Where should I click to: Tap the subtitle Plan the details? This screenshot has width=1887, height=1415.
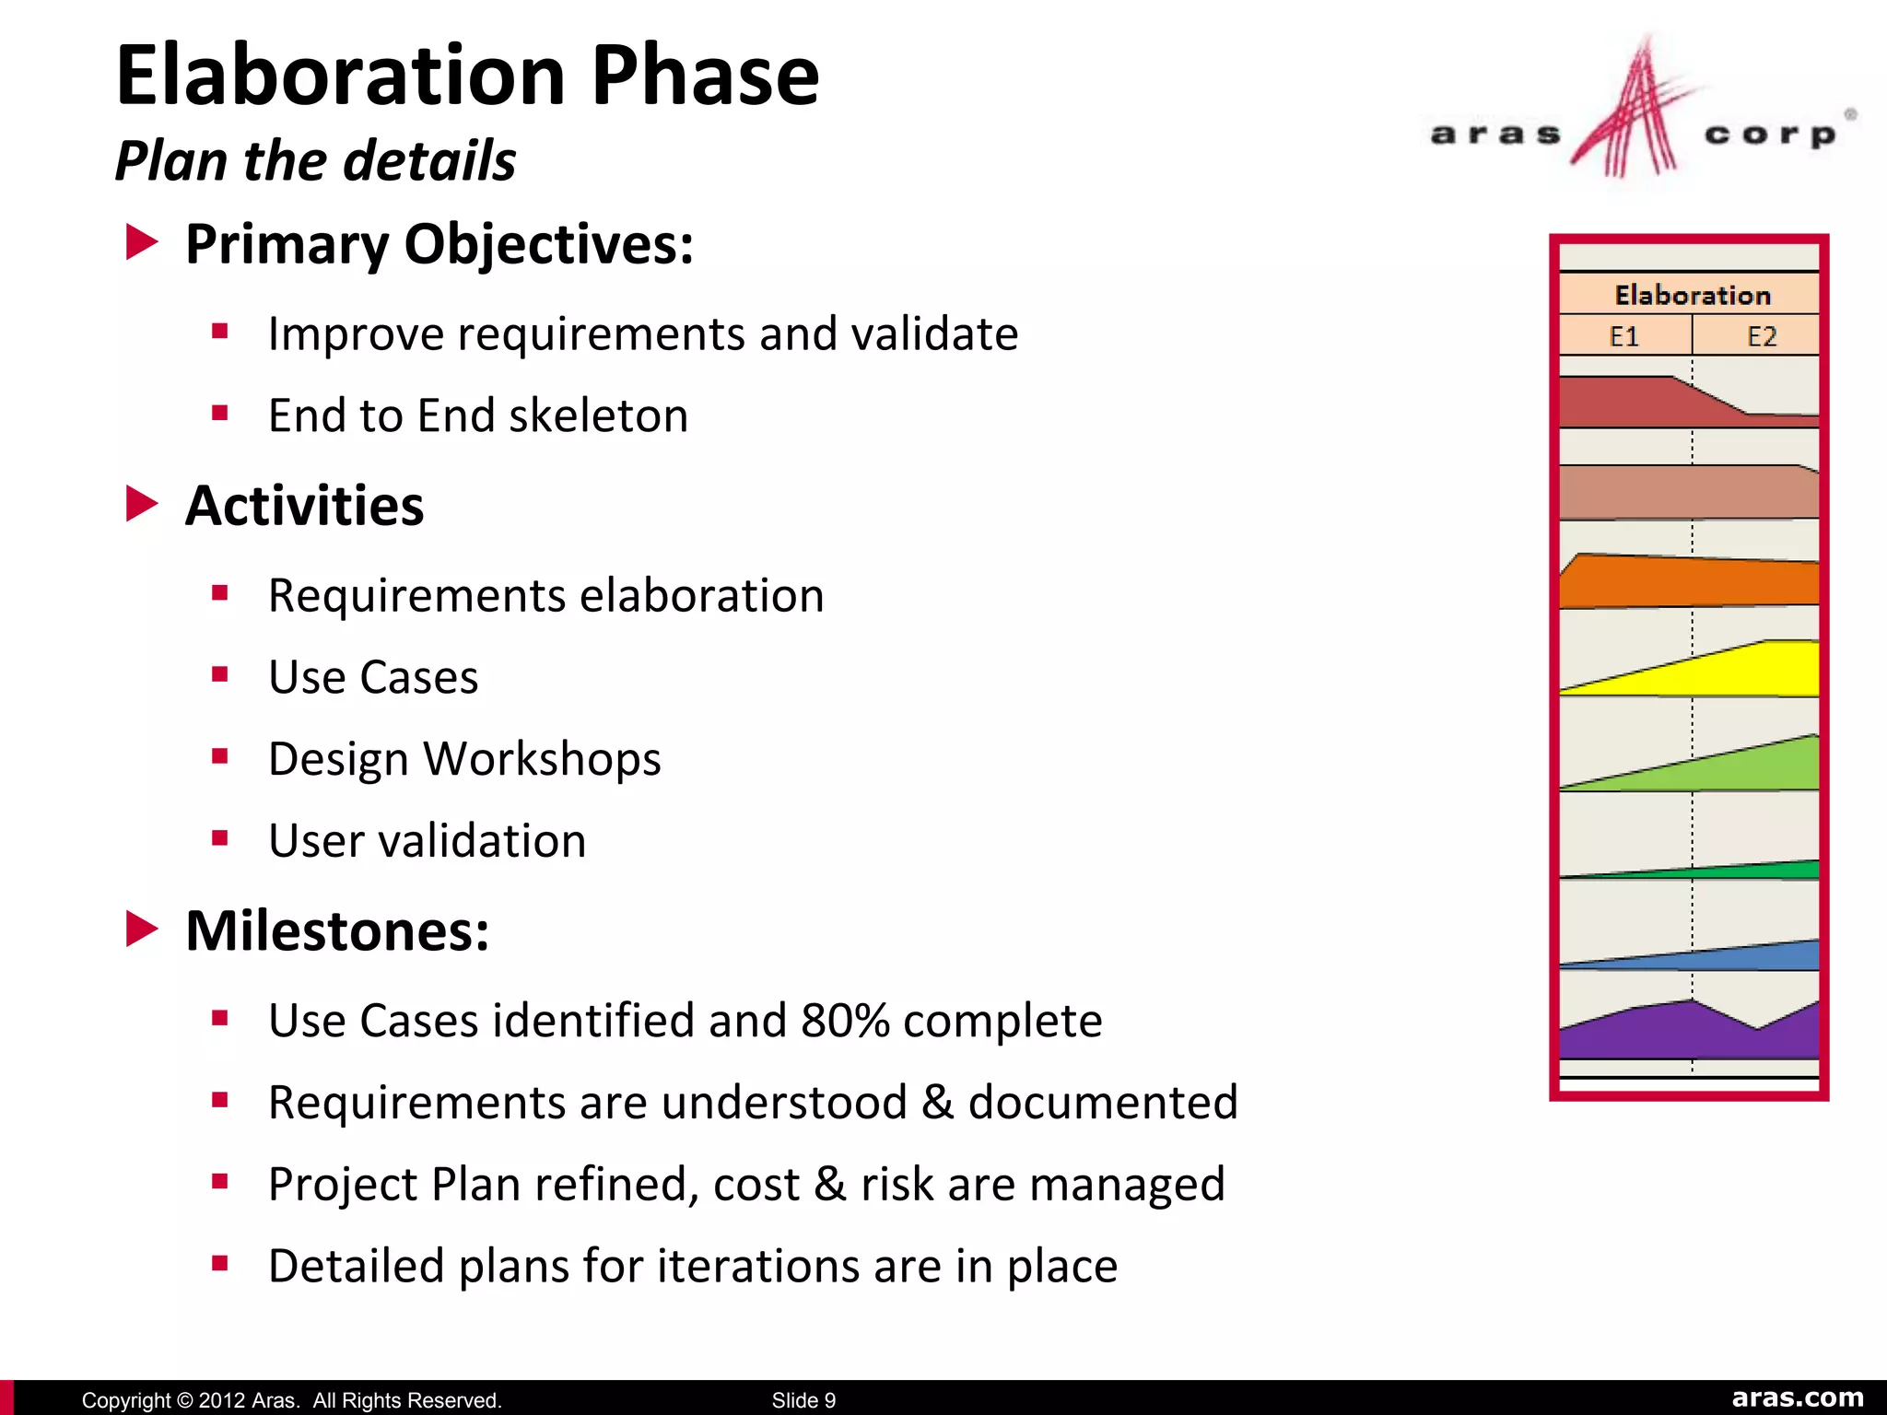[315, 161]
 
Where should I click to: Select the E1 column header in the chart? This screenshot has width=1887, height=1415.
[1624, 336]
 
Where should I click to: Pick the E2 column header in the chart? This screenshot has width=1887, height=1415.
[1761, 336]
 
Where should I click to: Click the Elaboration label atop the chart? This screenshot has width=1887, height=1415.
[1692, 295]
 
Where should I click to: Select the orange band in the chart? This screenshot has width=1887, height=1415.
[1686, 582]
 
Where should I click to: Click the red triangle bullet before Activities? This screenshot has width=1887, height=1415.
[141, 504]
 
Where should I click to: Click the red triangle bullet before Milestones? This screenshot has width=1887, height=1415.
[141, 929]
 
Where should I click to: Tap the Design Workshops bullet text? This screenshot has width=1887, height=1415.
[464, 759]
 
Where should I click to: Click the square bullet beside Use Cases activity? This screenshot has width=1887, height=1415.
[219, 675]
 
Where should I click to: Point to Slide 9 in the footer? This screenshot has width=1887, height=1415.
[803, 1400]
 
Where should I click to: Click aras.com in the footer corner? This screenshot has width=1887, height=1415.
[1797, 1397]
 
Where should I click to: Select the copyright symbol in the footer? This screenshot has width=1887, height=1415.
[183, 1400]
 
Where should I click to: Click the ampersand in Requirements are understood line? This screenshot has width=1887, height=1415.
[937, 1103]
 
